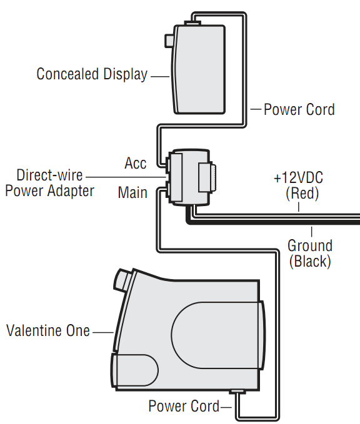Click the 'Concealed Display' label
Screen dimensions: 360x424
[92, 74]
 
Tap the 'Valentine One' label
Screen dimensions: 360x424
[48, 330]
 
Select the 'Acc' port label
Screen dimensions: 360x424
[136, 163]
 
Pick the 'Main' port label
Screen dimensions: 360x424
[132, 192]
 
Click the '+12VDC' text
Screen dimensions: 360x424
[298, 178]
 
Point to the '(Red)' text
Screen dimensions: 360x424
[302, 194]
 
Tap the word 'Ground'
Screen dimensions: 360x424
[310, 246]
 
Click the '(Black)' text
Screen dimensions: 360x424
[310, 262]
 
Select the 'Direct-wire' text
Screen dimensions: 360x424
[49, 175]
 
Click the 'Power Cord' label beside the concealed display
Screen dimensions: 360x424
[299, 109]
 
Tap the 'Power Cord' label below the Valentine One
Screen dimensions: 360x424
[184, 406]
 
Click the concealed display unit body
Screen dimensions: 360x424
[199, 69]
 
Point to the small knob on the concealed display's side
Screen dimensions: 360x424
[169, 41]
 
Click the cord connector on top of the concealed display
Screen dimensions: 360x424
[192, 23]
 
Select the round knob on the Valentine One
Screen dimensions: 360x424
[124, 280]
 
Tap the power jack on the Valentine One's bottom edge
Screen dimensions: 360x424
[237, 392]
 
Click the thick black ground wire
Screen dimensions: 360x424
[273, 222]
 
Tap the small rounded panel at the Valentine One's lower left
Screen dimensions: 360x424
[134, 370]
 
